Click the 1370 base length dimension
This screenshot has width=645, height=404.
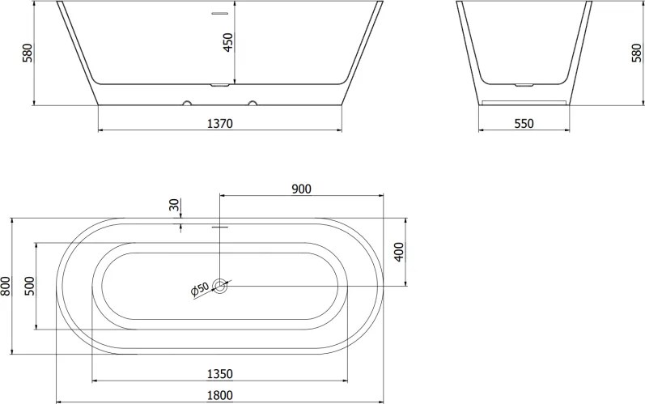tap(219, 123)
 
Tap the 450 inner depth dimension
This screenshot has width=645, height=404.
tap(228, 42)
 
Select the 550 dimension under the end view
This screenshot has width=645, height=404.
tap(524, 123)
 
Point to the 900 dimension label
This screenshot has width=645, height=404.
tap(302, 189)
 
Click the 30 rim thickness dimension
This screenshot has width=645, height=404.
tap(175, 205)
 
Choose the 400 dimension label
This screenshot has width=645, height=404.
tap(399, 252)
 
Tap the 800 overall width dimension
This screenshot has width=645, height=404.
tap(6, 286)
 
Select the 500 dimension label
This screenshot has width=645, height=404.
tap(30, 286)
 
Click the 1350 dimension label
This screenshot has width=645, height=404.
tap(219, 374)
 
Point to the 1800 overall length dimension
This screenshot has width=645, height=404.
tap(219, 395)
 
